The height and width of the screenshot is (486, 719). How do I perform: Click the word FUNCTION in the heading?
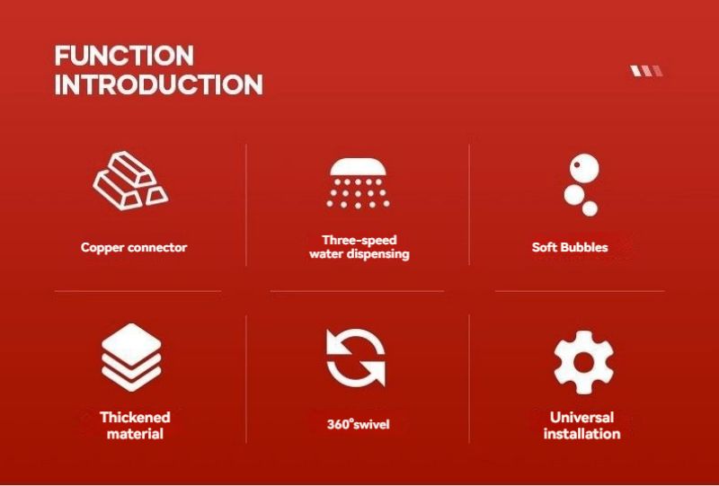pyautogui.click(x=124, y=56)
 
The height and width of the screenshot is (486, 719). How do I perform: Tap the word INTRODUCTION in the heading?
pyautogui.click(x=159, y=84)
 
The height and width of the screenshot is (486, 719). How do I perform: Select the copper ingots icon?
pyautogui.click(x=130, y=181)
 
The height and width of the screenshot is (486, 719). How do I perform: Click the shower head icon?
pyautogui.click(x=358, y=183)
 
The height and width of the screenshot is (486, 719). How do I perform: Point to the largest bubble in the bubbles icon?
pyautogui.click(x=583, y=168)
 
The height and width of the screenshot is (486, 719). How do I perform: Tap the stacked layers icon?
pyautogui.click(x=131, y=358)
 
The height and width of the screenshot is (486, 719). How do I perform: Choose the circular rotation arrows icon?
pyautogui.click(x=356, y=358)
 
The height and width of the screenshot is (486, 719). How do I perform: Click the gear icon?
pyautogui.click(x=583, y=362)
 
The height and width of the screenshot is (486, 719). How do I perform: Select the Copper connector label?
pyautogui.click(x=134, y=248)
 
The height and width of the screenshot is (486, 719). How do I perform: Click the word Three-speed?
pyautogui.click(x=359, y=240)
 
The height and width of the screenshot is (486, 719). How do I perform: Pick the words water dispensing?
pyautogui.click(x=359, y=254)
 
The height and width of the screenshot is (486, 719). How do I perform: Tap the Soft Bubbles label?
pyautogui.click(x=570, y=247)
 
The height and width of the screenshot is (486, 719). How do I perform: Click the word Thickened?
pyautogui.click(x=135, y=417)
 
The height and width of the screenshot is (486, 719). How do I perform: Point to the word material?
pyautogui.click(x=135, y=434)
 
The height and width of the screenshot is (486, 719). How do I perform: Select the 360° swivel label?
pyautogui.click(x=358, y=424)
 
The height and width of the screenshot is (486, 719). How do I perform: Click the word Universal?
pyautogui.click(x=581, y=417)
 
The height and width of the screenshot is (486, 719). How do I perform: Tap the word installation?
pyautogui.click(x=581, y=434)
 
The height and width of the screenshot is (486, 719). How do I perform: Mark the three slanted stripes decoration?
pyautogui.click(x=646, y=71)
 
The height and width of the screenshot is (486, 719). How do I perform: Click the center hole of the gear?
pyautogui.click(x=583, y=363)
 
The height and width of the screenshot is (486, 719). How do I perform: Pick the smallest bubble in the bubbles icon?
pyautogui.click(x=590, y=208)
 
